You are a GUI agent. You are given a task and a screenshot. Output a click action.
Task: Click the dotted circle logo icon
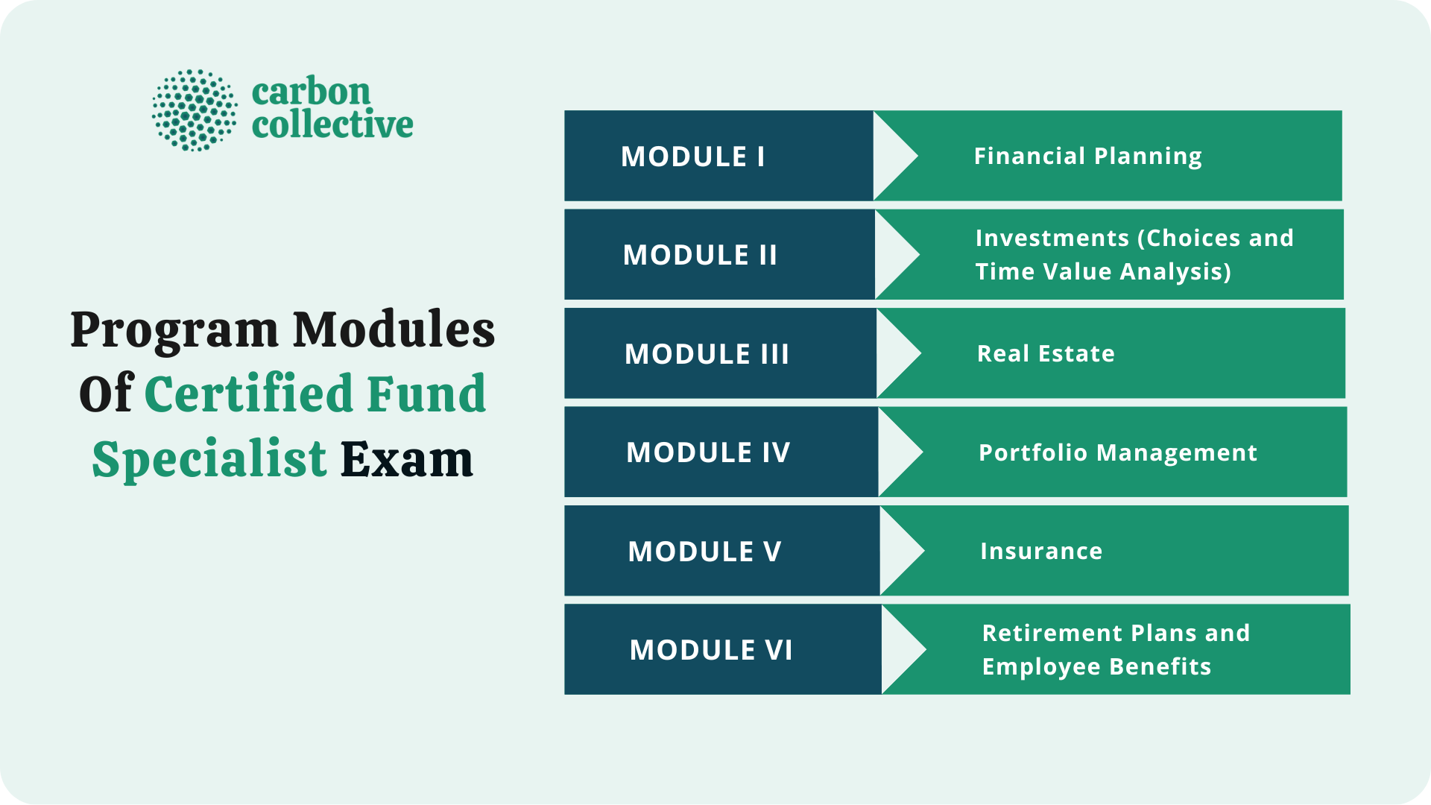195,110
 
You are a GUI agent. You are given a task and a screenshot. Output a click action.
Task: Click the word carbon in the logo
311,92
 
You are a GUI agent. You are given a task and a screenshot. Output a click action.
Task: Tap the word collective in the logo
332,124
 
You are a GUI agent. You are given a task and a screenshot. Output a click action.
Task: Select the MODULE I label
693,157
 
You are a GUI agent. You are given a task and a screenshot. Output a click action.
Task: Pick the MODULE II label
700,255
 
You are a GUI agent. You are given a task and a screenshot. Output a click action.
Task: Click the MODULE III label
707,354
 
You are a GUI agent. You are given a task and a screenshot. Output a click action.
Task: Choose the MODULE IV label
708,452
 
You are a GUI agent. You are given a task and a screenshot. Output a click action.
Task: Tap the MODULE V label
704,552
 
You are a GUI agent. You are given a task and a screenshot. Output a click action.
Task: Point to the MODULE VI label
711,650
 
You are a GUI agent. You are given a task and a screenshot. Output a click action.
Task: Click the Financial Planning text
1087,156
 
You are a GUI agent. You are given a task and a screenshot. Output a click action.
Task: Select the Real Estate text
1046,353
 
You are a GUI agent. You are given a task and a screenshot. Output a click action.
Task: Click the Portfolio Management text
1118,452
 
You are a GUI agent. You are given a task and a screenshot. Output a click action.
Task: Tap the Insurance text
1041,551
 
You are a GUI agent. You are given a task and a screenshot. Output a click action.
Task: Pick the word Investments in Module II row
1052,238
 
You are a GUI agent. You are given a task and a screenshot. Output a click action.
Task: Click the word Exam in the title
407,459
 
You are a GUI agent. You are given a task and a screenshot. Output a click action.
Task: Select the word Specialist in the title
209,459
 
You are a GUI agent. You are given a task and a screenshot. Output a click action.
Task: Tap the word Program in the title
174,330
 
